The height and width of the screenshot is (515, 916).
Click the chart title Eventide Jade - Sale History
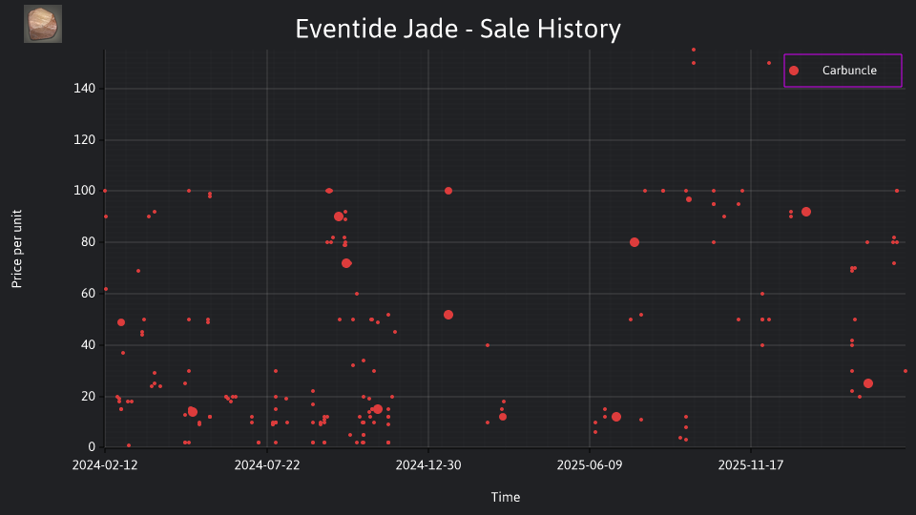coord(457,29)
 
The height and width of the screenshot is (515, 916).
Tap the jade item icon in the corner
coord(43,24)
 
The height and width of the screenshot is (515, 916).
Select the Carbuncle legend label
coord(849,70)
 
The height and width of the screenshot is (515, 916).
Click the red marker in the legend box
coord(793,71)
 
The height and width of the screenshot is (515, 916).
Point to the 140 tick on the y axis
coord(84,88)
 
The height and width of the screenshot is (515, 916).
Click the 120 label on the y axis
coord(84,139)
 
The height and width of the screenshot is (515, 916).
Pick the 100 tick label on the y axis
coord(84,191)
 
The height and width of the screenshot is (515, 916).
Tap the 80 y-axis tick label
coord(88,241)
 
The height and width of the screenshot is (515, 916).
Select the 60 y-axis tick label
coord(88,293)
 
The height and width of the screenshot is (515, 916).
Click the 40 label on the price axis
coord(88,344)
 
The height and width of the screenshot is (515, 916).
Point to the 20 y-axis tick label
coord(88,396)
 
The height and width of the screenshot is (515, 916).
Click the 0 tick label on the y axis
coord(92,446)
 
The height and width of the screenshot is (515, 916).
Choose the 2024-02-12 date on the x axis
coord(105,464)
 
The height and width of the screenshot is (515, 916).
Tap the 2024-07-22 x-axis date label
coord(267,464)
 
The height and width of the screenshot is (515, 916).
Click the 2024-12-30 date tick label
coord(428,464)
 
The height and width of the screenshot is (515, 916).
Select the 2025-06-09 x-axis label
coord(590,464)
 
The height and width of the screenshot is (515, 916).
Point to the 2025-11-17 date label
coord(751,464)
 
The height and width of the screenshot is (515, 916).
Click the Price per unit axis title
coord(17,249)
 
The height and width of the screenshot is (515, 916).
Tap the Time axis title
coord(506,497)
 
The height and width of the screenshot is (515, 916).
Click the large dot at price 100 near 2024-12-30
coord(448,191)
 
